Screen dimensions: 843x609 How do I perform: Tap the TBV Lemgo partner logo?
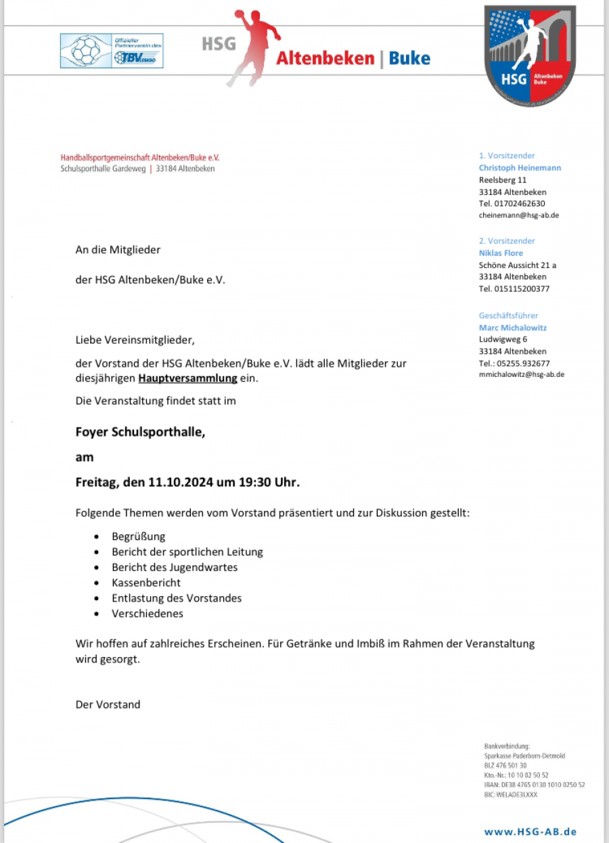112,51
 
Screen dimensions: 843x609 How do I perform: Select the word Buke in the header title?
409,58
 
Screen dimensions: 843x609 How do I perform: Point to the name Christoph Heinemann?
520,168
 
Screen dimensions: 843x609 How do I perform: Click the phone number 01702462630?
512,203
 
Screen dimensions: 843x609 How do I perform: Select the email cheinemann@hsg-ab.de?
518,215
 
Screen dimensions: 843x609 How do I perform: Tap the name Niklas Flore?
501,253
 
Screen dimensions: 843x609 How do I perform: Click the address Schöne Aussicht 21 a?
517,265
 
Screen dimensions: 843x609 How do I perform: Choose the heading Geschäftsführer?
508,315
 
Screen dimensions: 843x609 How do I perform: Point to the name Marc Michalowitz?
512,327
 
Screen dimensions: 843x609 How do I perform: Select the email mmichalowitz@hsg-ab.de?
521,374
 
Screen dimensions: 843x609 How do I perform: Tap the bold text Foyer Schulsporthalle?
140,432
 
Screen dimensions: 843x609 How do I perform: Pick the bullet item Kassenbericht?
146,583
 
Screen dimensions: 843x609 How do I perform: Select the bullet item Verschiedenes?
148,614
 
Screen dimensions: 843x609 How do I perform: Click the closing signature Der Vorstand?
108,704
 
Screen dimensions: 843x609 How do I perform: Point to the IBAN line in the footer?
534,785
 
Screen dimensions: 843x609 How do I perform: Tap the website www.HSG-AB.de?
530,831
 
